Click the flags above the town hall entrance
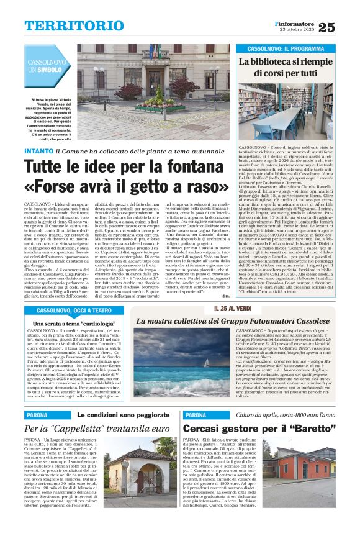153,52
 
